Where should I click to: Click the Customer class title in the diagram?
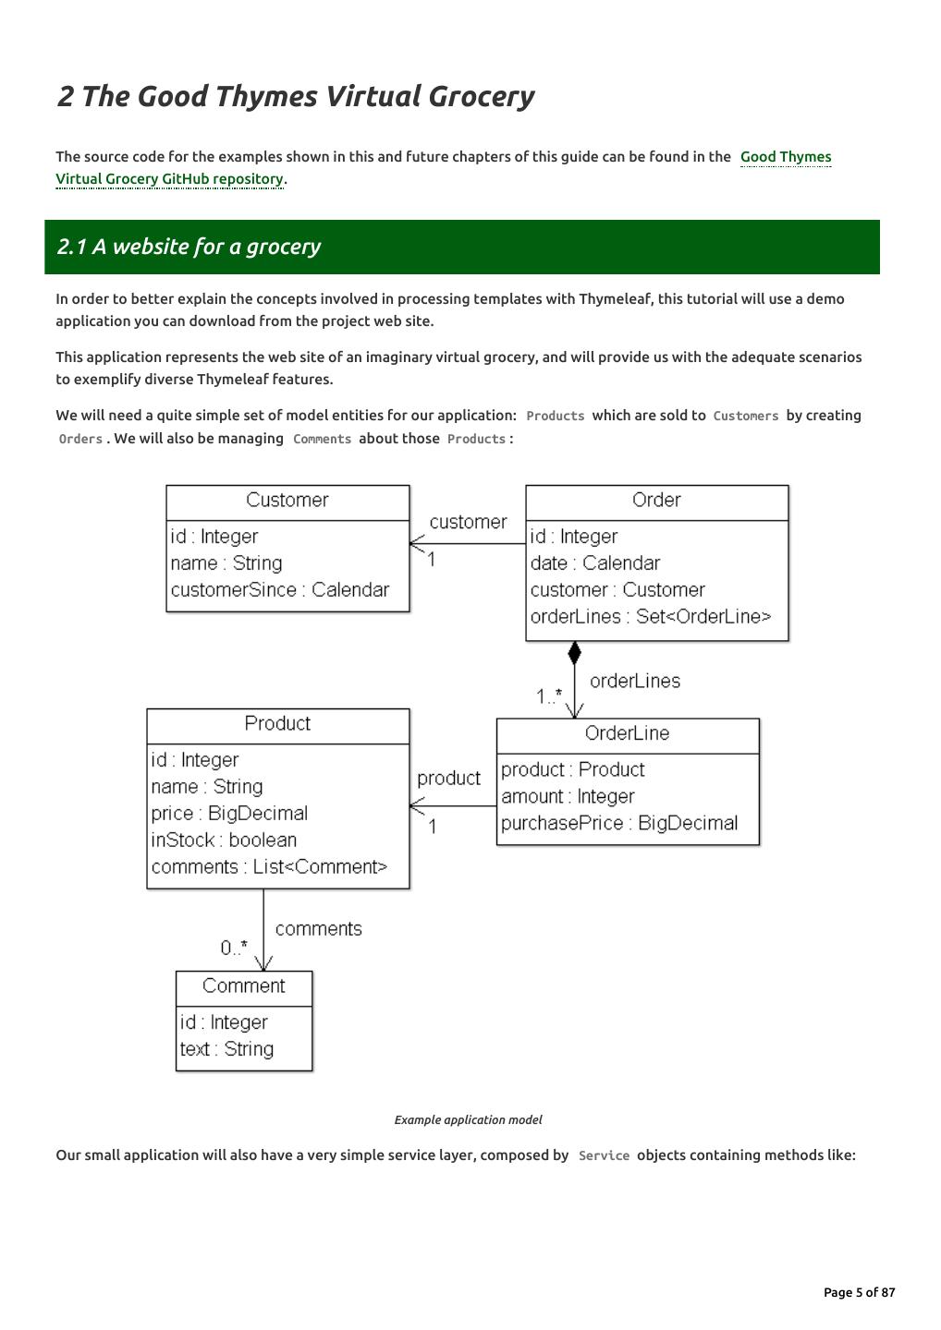(x=287, y=501)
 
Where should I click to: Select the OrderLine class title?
(x=627, y=733)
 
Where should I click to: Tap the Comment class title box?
(x=244, y=986)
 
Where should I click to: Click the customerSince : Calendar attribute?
(x=279, y=590)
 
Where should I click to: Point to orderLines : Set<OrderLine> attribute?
(x=650, y=617)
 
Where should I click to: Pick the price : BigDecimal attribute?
(x=229, y=814)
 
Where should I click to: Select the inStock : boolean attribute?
(x=224, y=840)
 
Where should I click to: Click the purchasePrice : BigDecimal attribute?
(x=619, y=824)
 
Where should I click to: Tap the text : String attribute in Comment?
(x=226, y=1049)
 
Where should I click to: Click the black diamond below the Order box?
(x=574, y=654)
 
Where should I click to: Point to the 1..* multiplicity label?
(x=548, y=696)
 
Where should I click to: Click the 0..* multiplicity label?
(x=234, y=948)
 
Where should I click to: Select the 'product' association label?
(x=448, y=779)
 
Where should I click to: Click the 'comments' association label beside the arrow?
(x=318, y=929)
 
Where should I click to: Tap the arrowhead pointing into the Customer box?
(x=416, y=544)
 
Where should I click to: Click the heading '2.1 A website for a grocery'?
(x=189, y=247)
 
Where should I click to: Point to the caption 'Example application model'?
(x=468, y=1120)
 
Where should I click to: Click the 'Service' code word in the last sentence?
(x=604, y=1155)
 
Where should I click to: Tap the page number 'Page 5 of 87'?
(x=859, y=1292)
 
